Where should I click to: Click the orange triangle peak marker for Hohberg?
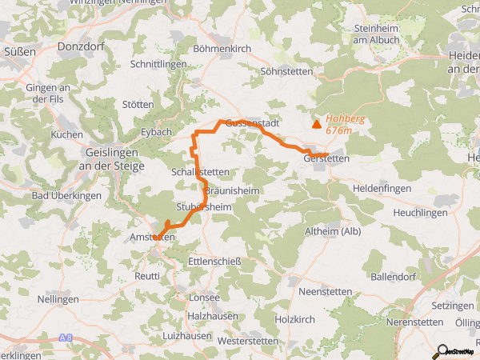[316, 124]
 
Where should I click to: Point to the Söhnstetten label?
[288, 71]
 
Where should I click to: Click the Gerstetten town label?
[326, 158]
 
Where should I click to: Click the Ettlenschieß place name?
[214, 262]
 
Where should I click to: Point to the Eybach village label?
[156, 132]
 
